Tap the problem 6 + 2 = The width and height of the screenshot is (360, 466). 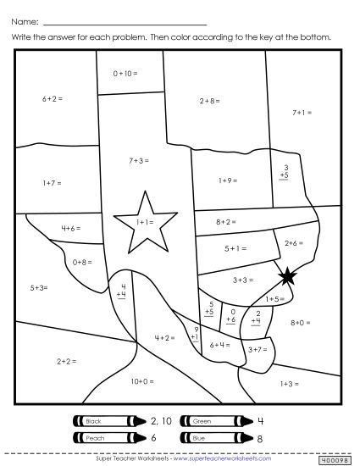(53, 99)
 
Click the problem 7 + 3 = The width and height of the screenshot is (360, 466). (140, 159)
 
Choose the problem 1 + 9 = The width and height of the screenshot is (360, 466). (228, 180)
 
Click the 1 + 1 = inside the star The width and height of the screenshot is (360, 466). (141, 222)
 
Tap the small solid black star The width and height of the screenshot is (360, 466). (287, 275)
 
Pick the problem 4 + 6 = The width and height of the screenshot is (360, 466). (72, 228)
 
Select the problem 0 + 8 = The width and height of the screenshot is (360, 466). (82, 262)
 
